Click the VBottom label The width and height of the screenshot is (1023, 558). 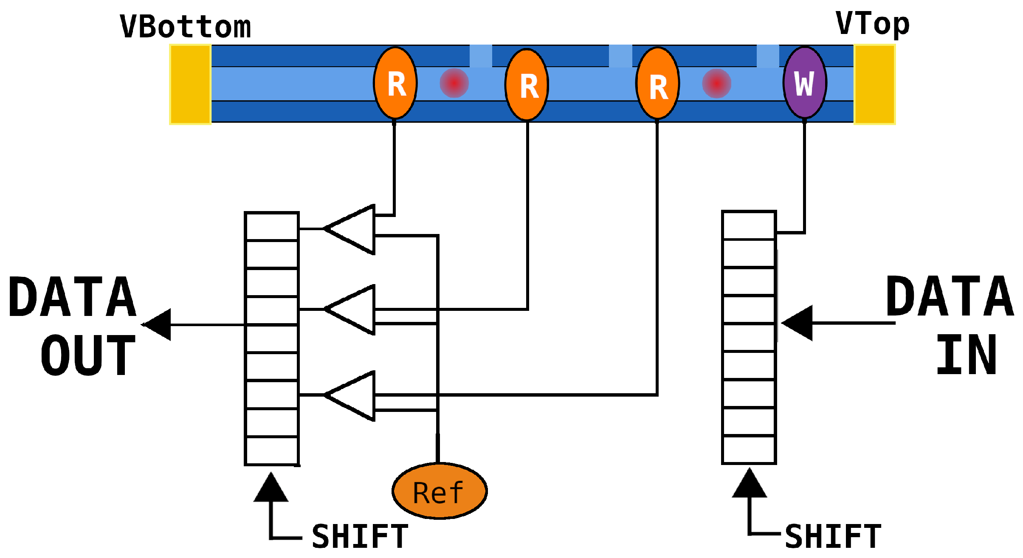186,27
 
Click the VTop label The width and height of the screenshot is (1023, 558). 873,24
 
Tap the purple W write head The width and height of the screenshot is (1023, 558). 805,82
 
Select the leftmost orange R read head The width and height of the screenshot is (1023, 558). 395,83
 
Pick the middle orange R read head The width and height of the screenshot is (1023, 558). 527,85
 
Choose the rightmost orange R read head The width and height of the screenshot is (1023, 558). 658,83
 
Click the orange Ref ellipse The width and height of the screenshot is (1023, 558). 440,491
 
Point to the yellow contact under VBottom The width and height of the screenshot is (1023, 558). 191,85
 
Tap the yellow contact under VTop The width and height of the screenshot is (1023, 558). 875,85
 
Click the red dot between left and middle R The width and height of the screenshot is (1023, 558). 454,83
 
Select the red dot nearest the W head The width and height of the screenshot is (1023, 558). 717,83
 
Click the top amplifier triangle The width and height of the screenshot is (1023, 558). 349,229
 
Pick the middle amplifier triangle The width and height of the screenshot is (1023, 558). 349,310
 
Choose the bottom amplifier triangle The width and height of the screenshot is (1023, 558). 349,396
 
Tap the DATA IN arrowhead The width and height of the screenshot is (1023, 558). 797,323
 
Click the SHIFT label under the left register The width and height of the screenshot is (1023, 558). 360,536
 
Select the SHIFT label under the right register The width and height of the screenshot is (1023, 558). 833,536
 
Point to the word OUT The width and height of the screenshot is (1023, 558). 88,355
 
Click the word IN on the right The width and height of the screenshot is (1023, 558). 967,354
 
